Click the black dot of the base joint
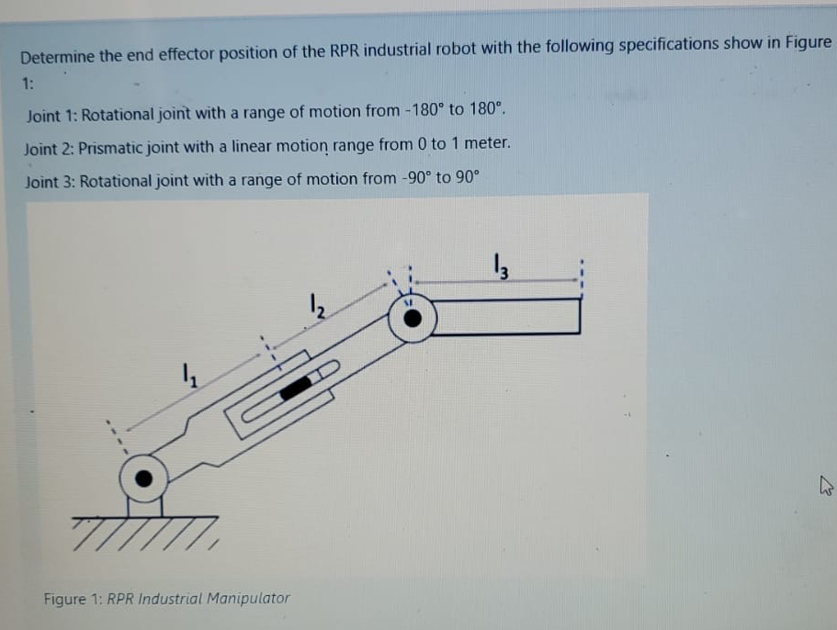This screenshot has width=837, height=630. [144, 478]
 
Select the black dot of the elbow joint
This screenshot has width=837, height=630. [413, 319]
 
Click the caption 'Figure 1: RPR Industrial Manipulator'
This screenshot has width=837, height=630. [166, 599]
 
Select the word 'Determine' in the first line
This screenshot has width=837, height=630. [57, 55]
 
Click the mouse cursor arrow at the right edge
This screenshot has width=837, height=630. [824, 488]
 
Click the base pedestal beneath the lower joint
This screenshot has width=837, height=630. [144, 506]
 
